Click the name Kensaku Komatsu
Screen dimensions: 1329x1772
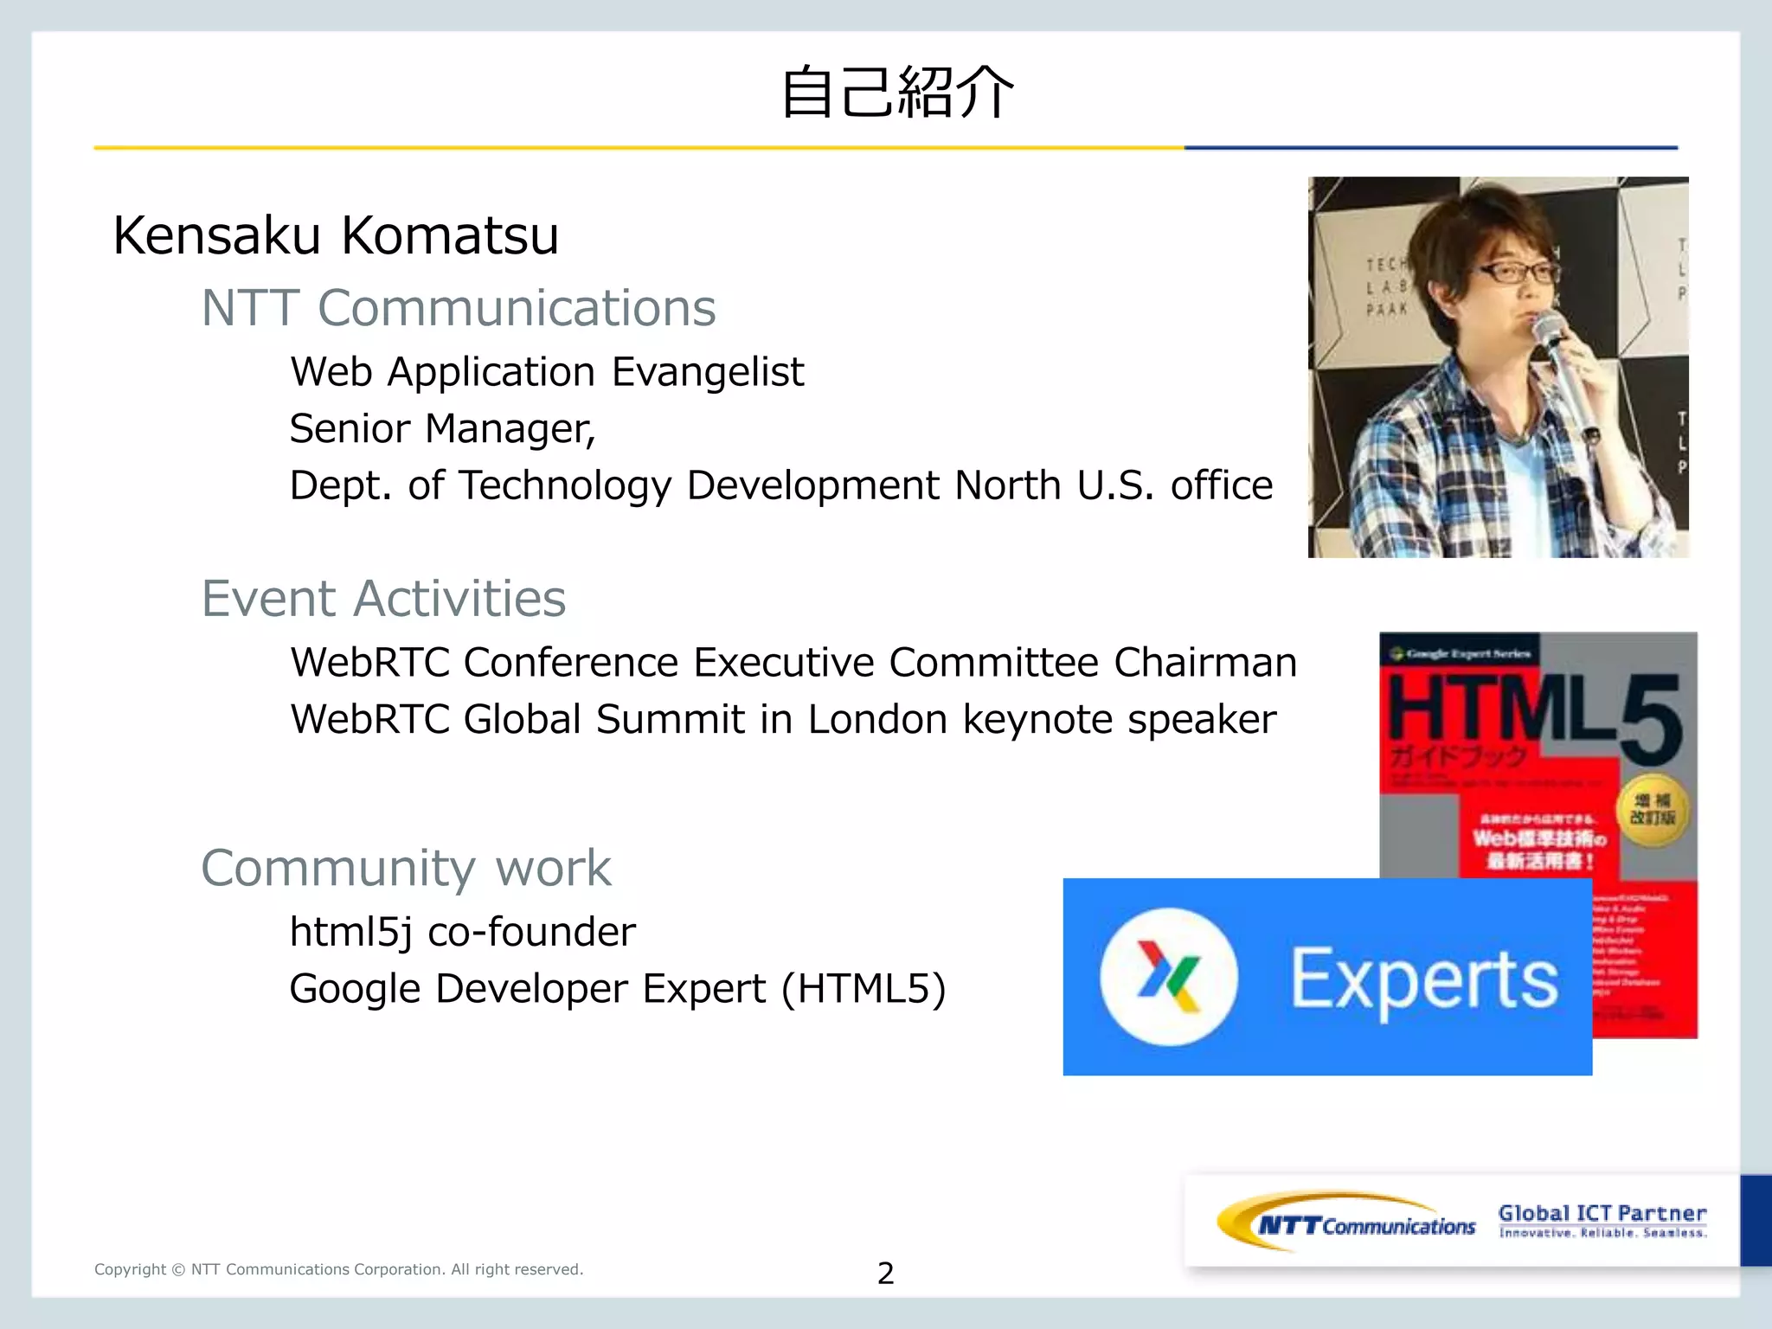tap(336, 235)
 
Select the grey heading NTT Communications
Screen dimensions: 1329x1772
tap(459, 308)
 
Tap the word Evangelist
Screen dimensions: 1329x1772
tap(708, 372)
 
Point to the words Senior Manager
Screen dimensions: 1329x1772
tap(442, 429)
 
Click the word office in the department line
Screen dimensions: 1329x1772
tap(1221, 485)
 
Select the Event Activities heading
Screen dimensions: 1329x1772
tap(383, 599)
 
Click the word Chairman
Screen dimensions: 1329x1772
tap(1204, 663)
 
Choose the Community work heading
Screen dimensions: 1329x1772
tap(406, 868)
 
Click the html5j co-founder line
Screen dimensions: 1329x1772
tap(462, 932)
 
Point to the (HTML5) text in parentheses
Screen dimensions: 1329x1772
tap(863, 989)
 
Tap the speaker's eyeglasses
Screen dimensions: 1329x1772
tap(1519, 273)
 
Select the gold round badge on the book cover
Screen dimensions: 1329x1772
tap(1653, 810)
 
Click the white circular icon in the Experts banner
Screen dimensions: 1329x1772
tap(1169, 977)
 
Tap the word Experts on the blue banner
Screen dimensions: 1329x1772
tap(1424, 979)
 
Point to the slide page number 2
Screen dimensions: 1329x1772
tap(885, 1273)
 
